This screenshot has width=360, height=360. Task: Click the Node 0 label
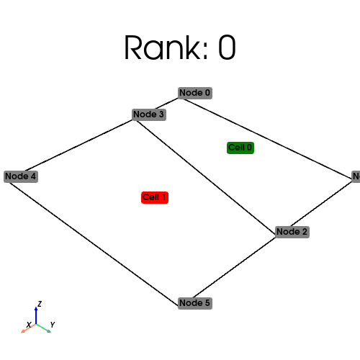(194, 93)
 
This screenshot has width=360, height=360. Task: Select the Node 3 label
(149, 114)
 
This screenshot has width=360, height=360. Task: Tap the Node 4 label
(20, 176)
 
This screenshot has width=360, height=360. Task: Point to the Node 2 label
(292, 232)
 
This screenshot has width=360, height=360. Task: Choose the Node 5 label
(194, 303)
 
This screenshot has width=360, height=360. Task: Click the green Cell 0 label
(240, 148)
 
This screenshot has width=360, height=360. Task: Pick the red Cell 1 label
(155, 197)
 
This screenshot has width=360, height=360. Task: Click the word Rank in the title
(155, 48)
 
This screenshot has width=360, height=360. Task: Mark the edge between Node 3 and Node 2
(209, 175)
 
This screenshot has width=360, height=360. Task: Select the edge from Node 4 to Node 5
(94, 240)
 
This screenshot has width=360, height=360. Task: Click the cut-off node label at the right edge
(356, 176)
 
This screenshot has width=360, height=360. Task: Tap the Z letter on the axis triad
(40, 304)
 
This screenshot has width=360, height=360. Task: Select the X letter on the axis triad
(28, 325)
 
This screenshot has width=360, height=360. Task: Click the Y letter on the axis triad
(53, 325)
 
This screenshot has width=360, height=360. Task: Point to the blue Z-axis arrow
(36, 314)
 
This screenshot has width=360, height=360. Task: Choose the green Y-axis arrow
(43, 327)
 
